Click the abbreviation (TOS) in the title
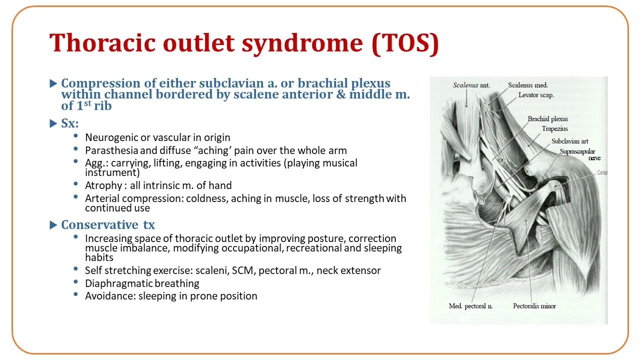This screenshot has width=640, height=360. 405,43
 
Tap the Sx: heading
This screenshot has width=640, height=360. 69,123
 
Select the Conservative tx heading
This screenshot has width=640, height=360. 108,225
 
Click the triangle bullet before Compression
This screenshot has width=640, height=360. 53,83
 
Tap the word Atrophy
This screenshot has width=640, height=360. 103,185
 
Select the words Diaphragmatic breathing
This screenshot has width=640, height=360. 142,283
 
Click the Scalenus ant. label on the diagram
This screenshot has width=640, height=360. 471,85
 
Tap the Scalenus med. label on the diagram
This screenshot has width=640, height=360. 527,85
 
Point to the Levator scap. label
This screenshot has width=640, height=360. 536,95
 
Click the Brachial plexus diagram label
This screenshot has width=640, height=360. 547,119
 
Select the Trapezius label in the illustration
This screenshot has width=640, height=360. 554,129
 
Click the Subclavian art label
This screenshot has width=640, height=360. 569,141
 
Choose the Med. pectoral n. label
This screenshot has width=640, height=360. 470,306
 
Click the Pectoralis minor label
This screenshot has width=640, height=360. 534,306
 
